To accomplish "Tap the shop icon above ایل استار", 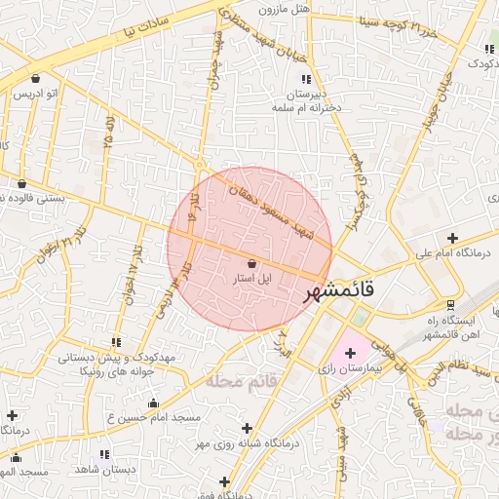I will pos(252,263).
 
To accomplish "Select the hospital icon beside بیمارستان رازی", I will pos(350,353).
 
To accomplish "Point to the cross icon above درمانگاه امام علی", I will pos(452,238).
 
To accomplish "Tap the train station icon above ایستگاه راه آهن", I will pos(450,304).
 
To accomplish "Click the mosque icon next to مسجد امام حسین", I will pos(153,403).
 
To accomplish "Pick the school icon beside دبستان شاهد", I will pos(104,455).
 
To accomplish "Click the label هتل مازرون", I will pos(284,10).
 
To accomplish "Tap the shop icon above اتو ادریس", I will pos(36,78).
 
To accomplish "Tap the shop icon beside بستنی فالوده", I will pos(21,183).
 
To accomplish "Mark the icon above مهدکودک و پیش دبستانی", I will pos(116,342).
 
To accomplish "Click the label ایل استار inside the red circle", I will pos(250,279).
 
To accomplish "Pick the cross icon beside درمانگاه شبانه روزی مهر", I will pos(246,428).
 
